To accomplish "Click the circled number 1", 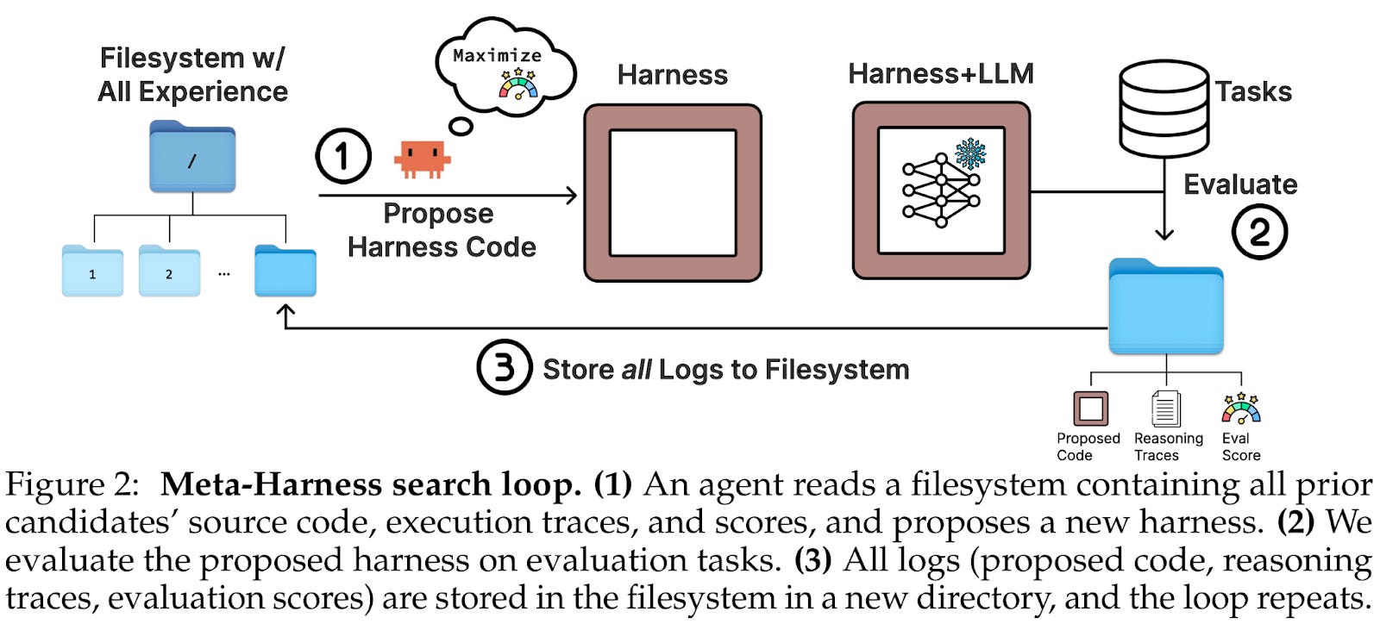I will point(343,156).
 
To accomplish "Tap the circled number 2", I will point(1259,232).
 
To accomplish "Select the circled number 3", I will point(504,368).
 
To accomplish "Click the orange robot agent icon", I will point(422,159).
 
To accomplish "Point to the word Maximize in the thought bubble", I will point(497,56).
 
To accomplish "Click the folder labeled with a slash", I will point(192,158).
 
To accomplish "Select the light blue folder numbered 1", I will point(92,271).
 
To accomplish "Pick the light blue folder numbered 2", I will point(169,271).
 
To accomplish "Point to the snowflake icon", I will point(970,153).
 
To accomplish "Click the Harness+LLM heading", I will point(940,74).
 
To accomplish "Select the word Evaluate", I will point(1239,184).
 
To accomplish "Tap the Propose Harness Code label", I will point(441,230).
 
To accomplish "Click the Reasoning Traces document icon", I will point(1166,409).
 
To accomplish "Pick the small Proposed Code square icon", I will point(1090,409).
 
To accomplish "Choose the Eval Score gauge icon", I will point(1241,409).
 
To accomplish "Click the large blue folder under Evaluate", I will point(1165,308).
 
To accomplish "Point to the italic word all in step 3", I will point(636,370).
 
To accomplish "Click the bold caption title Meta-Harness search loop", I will point(371,485).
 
